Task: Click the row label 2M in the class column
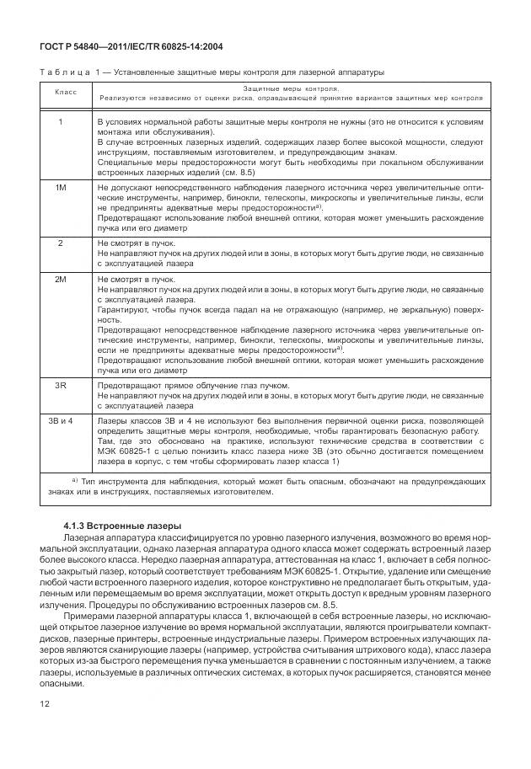60,277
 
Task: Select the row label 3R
60,386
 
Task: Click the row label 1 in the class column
60,123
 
